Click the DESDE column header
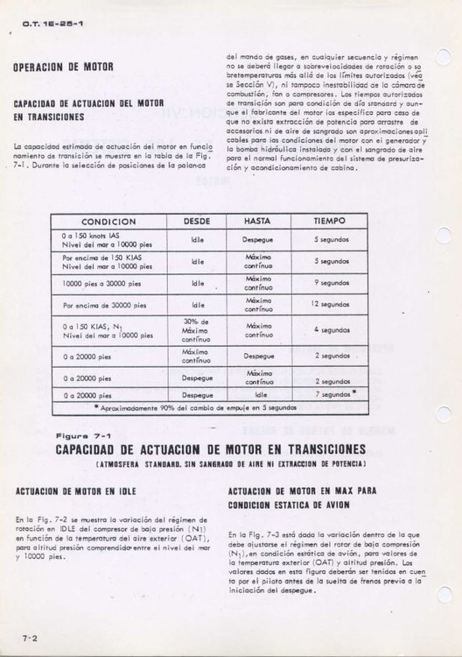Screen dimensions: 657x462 pos(199,223)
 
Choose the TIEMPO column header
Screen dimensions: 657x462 pos(331,223)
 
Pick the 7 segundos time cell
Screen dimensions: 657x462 pos(332,395)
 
